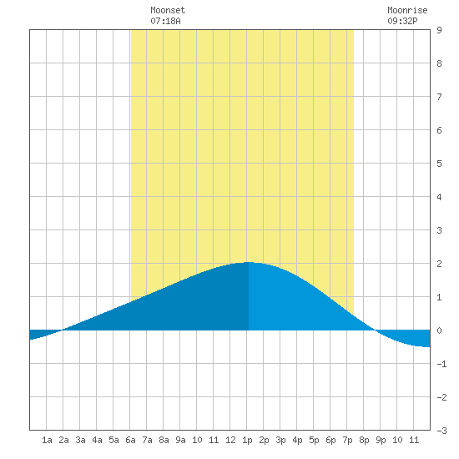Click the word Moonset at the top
(x=168, y=10)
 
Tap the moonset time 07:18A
(x=165, y=21)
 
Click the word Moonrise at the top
(x=407, y=10)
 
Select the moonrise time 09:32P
(x=402, y=21)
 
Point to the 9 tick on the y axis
(x=439, y=30)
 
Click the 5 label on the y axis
(x=439, y=164)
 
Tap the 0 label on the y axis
(x=439, y=330)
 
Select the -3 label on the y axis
(x=441, y=431)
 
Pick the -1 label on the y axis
(x=441, y=364)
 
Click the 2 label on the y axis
(x=439, y=264)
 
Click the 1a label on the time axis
(x=47, y=440)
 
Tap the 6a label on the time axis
(x=130, y=440)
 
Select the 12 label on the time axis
(x=230, y=440)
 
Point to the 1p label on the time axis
(x=247, y=440)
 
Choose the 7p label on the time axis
(x=347, y=440)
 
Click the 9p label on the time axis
(x=381, y=440)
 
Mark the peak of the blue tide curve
(x=248, y=262)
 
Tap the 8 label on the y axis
(x=439, y=63)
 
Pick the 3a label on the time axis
(x=80, y=440)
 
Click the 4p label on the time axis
(x=297, y=440)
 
